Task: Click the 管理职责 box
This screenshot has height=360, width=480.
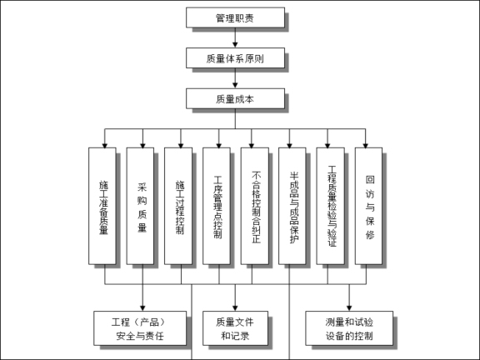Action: coord(235,17)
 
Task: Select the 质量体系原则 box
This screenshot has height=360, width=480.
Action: coord(235,57)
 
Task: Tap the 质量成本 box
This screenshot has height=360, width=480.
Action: coord(235,99)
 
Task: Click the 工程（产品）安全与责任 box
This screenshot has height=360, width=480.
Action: coord(142,329)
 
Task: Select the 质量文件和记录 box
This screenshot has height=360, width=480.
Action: coord(235,329)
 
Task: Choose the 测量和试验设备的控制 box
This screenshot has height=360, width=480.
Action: coord(350,329)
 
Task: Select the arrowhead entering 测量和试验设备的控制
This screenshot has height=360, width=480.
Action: coord(350,305)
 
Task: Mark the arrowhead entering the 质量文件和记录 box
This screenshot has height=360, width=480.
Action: coord(235,305)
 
